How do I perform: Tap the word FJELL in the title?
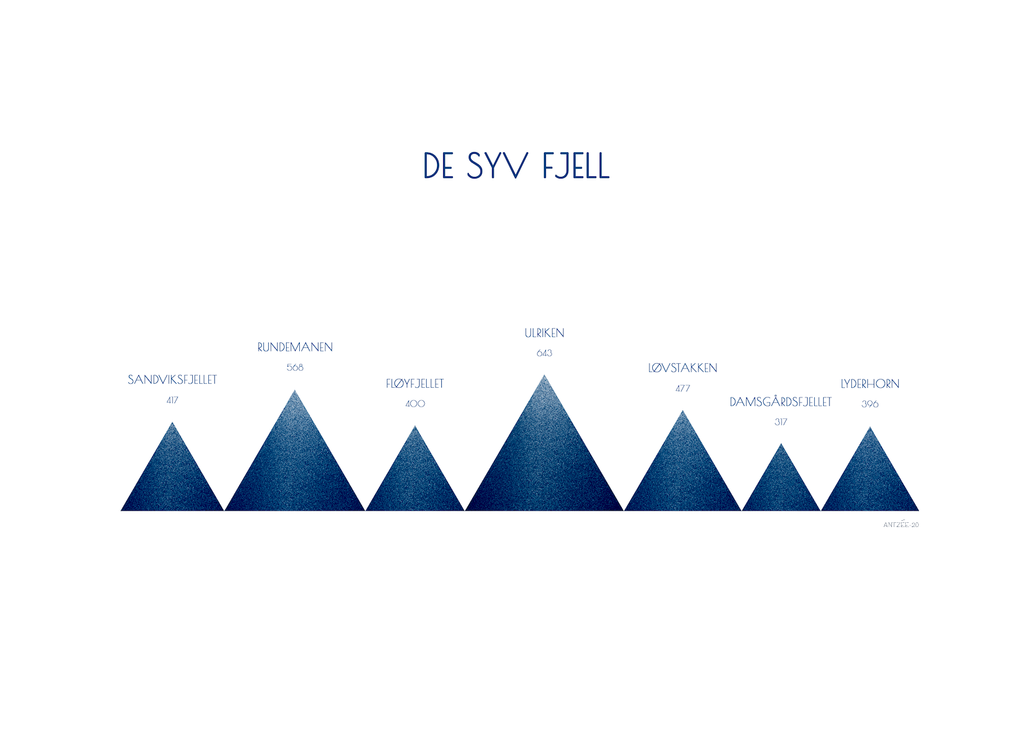[x=576, y=166]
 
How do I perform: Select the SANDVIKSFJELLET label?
[x=172, y=380]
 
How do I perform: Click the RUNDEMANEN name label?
[x=295, y=347]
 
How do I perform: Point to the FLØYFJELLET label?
[x=415, y=384]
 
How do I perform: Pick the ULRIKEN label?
[x=545, y=333]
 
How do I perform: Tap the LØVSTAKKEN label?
[x=682, y=368]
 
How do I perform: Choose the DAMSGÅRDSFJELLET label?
[x=780, y=402]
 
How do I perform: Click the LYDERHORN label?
[x=870, y=384]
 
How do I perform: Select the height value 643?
[x=545, y=353]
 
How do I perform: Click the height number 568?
[x=295, y=367]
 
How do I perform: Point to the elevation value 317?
[x=780, y=422]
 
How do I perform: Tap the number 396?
[x=870, y=404]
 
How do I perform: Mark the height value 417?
[x=172, y=400]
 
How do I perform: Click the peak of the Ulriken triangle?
[x=545, y=376]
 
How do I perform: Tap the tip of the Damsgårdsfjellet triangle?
[x=781, y=444]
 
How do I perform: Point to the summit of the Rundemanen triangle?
[x=295, y=391]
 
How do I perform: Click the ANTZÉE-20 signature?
[x=901, y=525]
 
